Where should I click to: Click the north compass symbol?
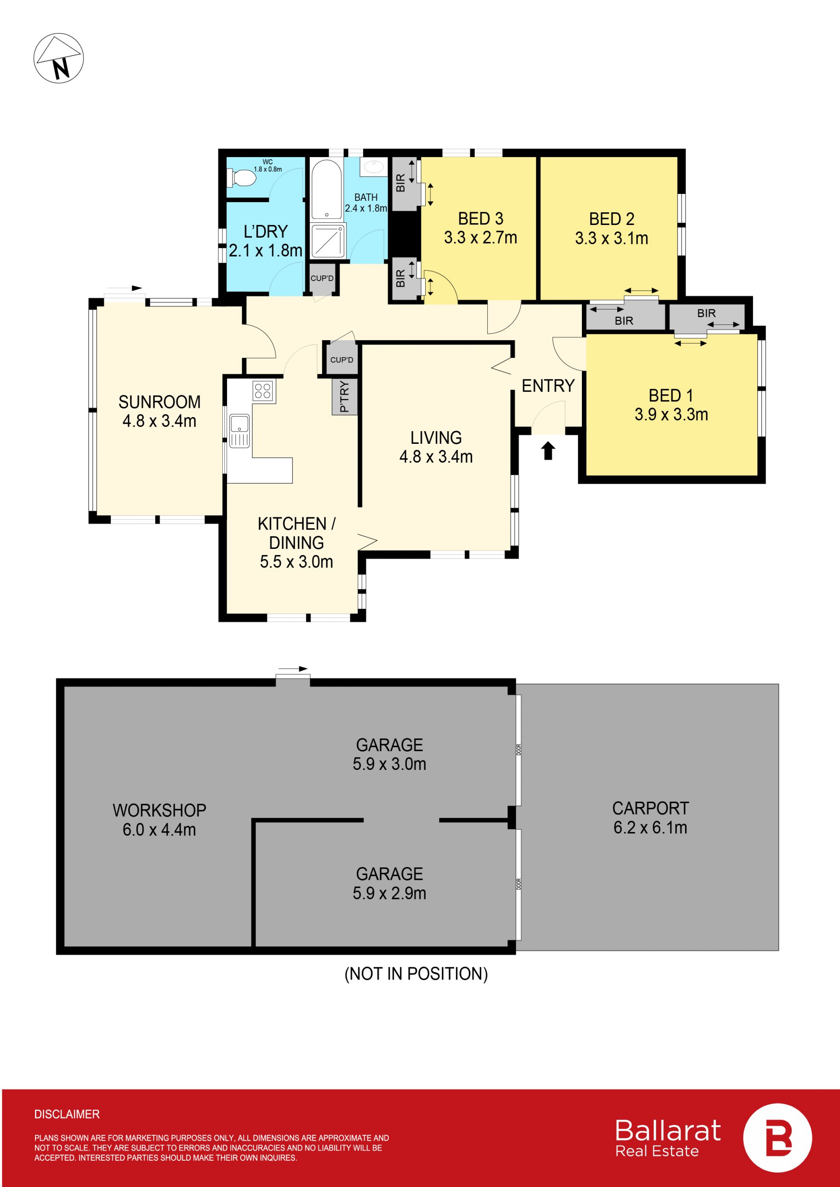59,58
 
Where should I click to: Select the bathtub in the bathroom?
326,190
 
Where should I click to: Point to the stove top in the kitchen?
263,391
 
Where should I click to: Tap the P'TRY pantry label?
344,397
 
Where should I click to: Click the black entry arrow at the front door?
548,451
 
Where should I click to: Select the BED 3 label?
480,219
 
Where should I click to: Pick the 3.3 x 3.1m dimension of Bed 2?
611,238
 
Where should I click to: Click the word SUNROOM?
159,402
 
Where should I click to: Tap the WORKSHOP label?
159,810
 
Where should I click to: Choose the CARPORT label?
650,808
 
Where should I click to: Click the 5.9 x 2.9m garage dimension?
389,893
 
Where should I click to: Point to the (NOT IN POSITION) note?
416,974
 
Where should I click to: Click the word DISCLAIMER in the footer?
67,1114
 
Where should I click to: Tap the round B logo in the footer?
777,1138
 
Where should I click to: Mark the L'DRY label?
266,231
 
